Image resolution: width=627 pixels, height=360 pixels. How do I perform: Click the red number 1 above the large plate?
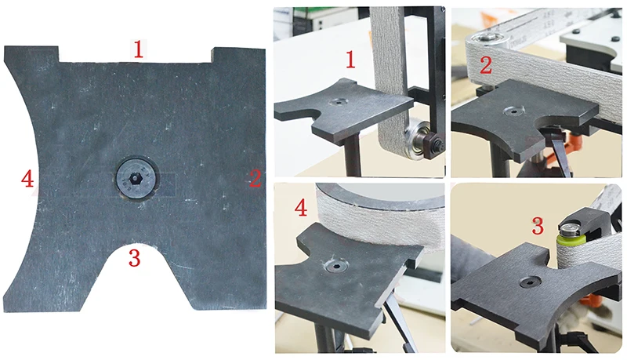click(138, 50)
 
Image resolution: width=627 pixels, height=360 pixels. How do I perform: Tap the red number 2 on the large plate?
click(255, 179)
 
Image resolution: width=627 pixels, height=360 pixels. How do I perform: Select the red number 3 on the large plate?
click(135, 257)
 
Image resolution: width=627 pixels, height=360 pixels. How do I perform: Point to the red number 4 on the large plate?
click(28, 180)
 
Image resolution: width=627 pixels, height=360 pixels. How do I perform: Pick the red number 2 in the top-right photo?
click(485, 65)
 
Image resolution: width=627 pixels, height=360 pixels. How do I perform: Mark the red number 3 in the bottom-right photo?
click(537, 227)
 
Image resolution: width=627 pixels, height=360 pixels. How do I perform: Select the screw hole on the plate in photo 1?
click(339, 102)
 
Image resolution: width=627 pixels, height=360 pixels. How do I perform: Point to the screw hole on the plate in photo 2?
click(517, 111)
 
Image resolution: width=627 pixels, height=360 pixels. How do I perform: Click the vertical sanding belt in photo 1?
click(390, 71)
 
